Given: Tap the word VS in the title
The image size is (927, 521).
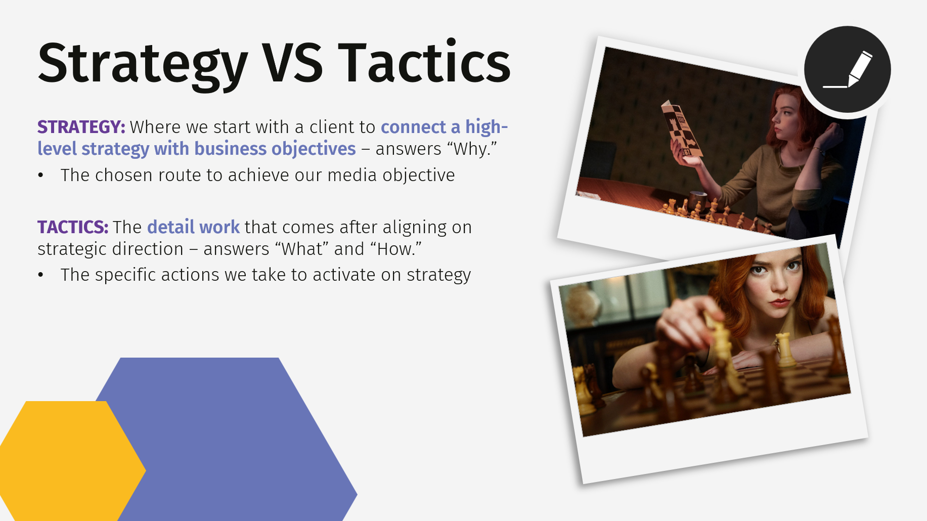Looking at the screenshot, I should click(x=292, y=63).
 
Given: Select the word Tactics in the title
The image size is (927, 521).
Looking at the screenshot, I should click(x=424, y=63).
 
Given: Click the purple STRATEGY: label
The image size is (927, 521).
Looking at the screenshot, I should click(x=81, y=127).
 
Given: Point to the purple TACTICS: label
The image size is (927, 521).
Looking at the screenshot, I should click(x=73, y=227).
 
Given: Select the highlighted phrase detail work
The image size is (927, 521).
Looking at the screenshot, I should click(x=193, y=227).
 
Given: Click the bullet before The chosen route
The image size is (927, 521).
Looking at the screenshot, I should click(x=41, y=176).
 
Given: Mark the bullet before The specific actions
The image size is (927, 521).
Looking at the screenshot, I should click(x=41, y=275).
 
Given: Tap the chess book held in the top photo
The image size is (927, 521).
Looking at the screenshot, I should click(x=681, y=129).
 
